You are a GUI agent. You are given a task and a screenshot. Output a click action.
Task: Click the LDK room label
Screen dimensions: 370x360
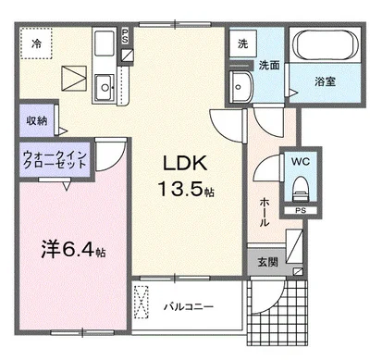tap(185, 163)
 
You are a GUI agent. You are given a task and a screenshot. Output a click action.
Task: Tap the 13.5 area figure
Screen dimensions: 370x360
tap(181, 189)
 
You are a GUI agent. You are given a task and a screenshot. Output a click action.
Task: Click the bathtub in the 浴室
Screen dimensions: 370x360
tap(325, 45)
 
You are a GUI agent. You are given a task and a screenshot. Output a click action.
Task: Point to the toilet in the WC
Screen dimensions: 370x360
tap(301, 189)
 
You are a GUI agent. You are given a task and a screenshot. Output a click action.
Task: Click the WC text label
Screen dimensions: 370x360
tap(301, 162)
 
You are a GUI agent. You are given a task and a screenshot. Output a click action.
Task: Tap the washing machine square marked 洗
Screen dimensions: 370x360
tap(243, 43)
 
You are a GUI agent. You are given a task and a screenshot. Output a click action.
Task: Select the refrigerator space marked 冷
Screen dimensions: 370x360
tap(36, 43)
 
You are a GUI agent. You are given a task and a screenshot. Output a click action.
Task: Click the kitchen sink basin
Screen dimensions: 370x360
tap(105, 87)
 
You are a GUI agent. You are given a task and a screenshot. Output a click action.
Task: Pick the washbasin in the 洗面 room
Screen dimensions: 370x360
tap(241, 87)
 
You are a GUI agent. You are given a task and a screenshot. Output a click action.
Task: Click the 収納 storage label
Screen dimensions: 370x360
tap(37, 120)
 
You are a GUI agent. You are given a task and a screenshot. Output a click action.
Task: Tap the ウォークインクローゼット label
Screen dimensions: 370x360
tap(55, 159)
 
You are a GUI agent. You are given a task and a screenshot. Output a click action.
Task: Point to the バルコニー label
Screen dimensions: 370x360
tap(189, 307)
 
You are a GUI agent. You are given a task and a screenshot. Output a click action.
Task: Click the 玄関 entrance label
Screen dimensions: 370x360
tap(268, 262)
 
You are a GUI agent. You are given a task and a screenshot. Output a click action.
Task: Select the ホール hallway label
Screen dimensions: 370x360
tap(264, 213)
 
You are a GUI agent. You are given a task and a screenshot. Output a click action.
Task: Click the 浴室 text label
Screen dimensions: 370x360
tap(325, 81)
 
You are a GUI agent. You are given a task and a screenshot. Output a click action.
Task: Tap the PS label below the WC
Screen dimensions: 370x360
tap(301, 211)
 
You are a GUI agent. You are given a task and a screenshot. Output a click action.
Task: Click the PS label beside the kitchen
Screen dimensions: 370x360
tap(125, 36)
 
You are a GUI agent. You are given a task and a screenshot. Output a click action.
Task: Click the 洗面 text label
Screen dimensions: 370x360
tap(269, 65)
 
